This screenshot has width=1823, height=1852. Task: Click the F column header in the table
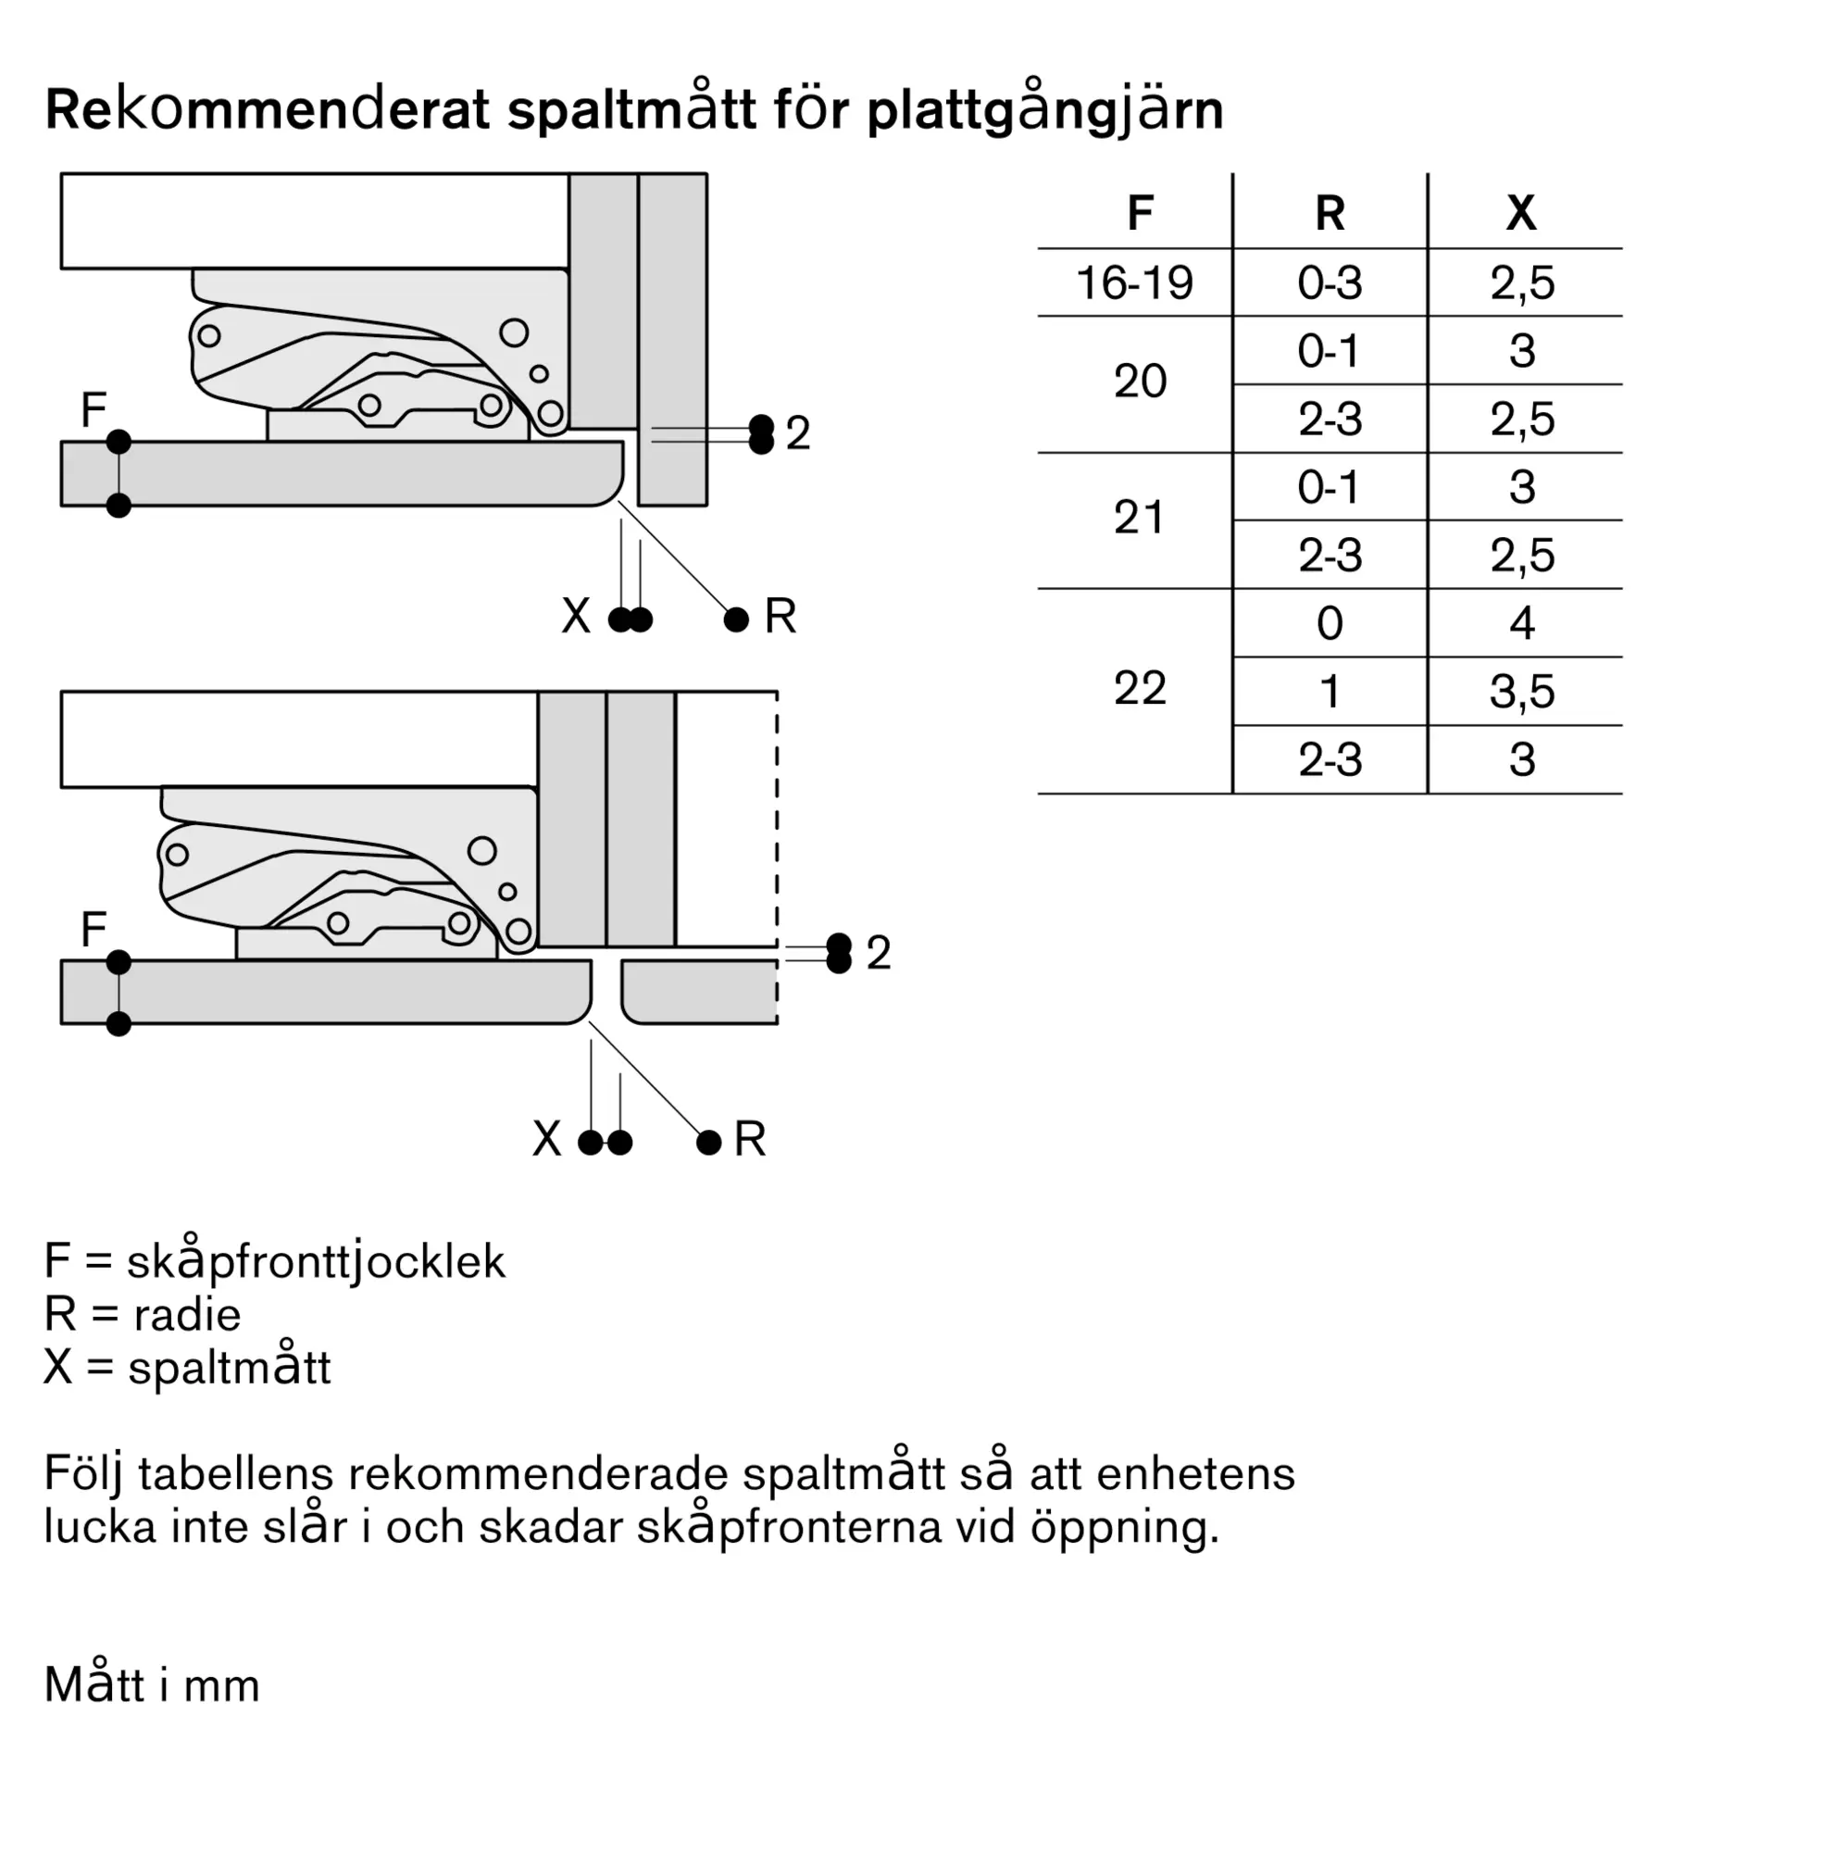1140,213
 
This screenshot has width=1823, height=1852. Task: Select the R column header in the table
1330,213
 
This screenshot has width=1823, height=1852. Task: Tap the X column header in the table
1521,213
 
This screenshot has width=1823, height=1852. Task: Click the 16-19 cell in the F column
1134,283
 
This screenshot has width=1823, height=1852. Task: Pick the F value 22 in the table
1140,689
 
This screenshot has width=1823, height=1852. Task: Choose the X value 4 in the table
1522,623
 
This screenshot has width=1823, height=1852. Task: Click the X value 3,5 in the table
1522,692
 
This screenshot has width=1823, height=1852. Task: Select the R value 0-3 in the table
1330,283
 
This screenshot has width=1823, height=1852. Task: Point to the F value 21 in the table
1140,518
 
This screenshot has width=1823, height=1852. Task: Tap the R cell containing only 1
1330,692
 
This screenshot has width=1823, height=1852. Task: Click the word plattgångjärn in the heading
1044,112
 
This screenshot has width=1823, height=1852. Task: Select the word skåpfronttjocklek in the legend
316,1262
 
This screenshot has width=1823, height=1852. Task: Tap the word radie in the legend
188,1315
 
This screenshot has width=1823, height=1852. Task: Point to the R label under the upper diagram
780,616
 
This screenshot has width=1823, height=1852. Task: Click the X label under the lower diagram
546,1140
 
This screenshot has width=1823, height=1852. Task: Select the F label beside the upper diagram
93,411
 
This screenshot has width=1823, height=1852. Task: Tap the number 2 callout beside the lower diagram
878,953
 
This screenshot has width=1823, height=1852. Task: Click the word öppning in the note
1124,1527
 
